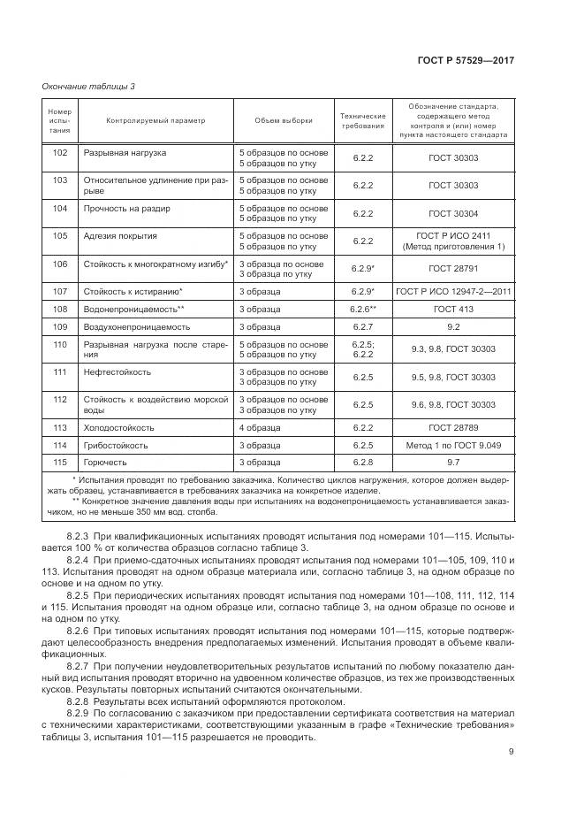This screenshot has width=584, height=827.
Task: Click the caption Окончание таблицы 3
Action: pyautogui.click(x=88, y=86)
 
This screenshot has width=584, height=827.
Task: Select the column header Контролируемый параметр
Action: pyautogui.click(x=155, y=121)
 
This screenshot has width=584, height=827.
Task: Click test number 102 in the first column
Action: pyautogui.click(x=60, y=153)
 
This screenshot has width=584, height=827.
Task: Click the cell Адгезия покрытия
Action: pyautogui.click(x=120, y=236)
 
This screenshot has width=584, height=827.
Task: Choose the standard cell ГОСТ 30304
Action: pyautogui.click(x=453, y=214)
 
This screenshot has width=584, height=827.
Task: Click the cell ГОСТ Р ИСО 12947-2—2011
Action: pyautogui.click(x=453, y=291)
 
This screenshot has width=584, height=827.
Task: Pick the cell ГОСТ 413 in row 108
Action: pyautogui.click(x=453, y=309)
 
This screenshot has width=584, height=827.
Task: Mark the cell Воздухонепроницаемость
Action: pyautogui.click(x=137, y=326)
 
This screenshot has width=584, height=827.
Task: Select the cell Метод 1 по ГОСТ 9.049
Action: pyautogui.click(x=453, y=445)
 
